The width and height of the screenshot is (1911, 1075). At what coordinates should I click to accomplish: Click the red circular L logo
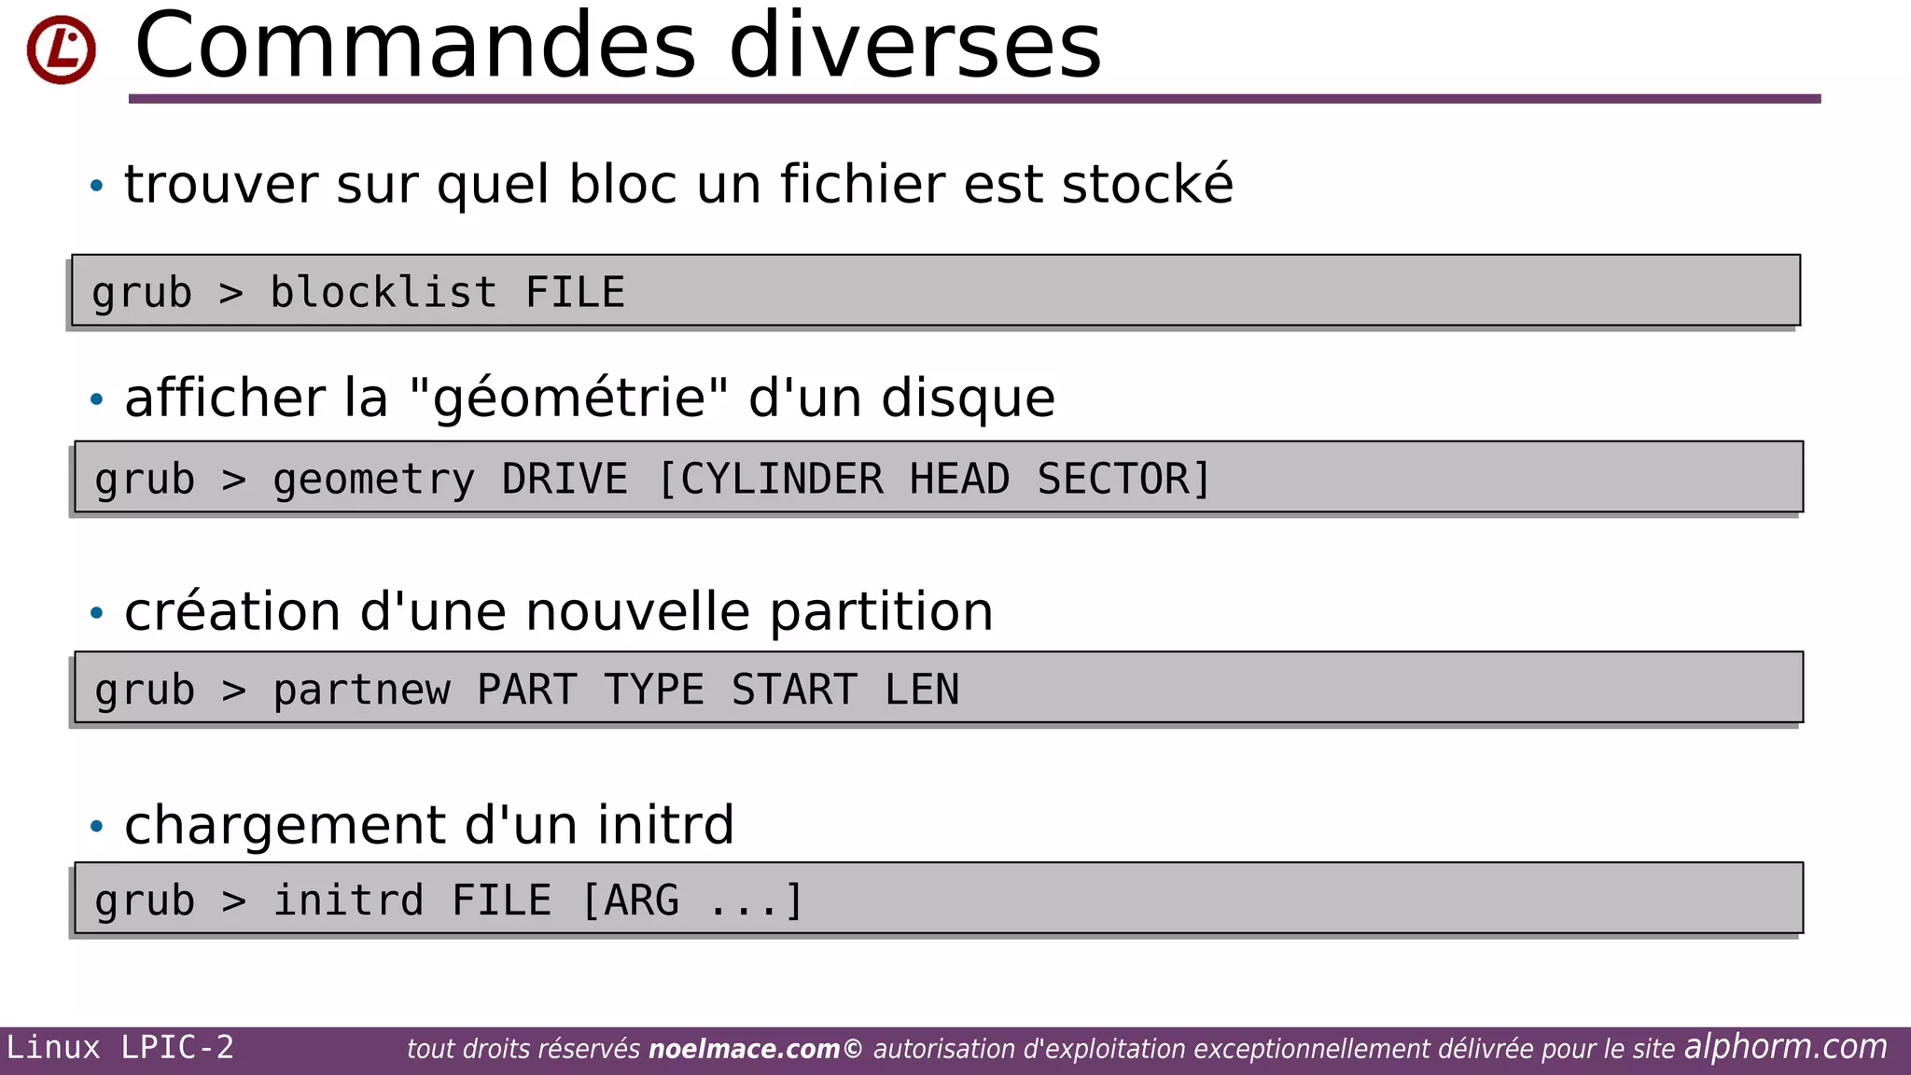pyautogui.click(x=62, y=49)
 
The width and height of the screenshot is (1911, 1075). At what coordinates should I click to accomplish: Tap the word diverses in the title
pyautogui.click(x=914, y=47)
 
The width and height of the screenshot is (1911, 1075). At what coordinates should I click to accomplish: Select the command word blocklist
pyautogui.click(x=383, y=293)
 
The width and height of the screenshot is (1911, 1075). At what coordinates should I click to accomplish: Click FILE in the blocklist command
pyautogui.click(x=575, y=293)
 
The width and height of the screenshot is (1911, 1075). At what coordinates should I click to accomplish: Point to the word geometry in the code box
pyautogui.click(x=373, y=481)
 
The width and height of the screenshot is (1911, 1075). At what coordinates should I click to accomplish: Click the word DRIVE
pyautogui.click(x=565, y=480)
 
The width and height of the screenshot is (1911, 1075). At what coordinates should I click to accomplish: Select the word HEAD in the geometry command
pyautogui.click(x=959, y=480)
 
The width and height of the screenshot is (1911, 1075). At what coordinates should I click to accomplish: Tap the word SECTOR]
pyautogui.click(x=1123, y=480)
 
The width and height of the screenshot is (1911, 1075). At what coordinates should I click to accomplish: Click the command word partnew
pyautogui.click(x=361, y=691)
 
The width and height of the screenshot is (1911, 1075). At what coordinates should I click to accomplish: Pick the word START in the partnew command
pyautogui.click(x=794, y=691)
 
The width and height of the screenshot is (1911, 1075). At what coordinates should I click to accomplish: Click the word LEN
pyautogui.click(x=922, y=691)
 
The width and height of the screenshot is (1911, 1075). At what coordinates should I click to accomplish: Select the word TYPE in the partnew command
pyautogui.click(x=653, y=691)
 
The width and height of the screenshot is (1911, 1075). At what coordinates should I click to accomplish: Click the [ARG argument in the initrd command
pyautogui.click(x=631, y=901)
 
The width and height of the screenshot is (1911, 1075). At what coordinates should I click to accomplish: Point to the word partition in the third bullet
pyautogui.click(x=881, y=612)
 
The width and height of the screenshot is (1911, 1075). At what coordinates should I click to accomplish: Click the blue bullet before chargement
pyautogui.click(x=96, y=826)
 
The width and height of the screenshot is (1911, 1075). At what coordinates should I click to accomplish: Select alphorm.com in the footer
pyautogui.click(x=1785, y=1047)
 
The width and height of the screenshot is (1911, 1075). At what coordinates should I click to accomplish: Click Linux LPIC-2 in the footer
pyautogui.click(x=120, y=1048)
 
